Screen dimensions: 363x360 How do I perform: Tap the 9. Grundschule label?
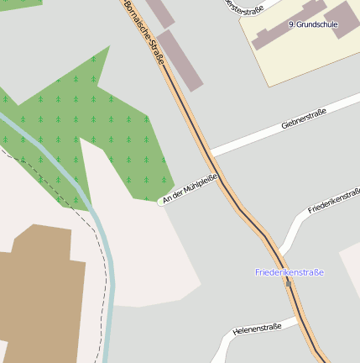[x=312, y=25]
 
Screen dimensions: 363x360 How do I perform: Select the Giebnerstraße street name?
[x=303, y=118]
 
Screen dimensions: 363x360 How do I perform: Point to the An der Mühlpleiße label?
[x=190, y=187]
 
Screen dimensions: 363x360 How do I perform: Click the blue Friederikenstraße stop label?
[x=290, y=272]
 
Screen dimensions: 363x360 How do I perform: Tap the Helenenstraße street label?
[x=257, y=328]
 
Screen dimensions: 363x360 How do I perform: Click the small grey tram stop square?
[x=288, y=283]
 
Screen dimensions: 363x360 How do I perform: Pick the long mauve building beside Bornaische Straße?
[x=180, y=59]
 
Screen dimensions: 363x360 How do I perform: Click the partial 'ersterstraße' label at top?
[x=244, y=8]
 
